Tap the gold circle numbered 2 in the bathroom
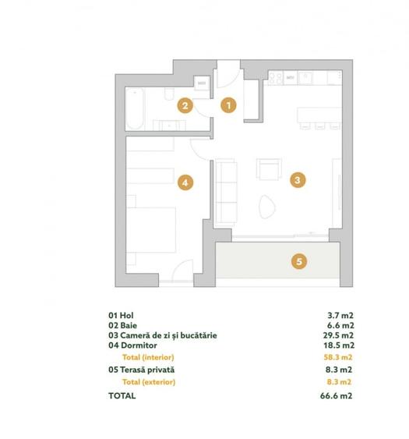(185, 106)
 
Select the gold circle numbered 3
(296, 180)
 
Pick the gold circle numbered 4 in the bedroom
(185, 182)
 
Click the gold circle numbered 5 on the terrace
(298, 261)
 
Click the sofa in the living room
(226, 189)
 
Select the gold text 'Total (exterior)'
(149, 382)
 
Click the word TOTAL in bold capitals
(122, 395)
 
